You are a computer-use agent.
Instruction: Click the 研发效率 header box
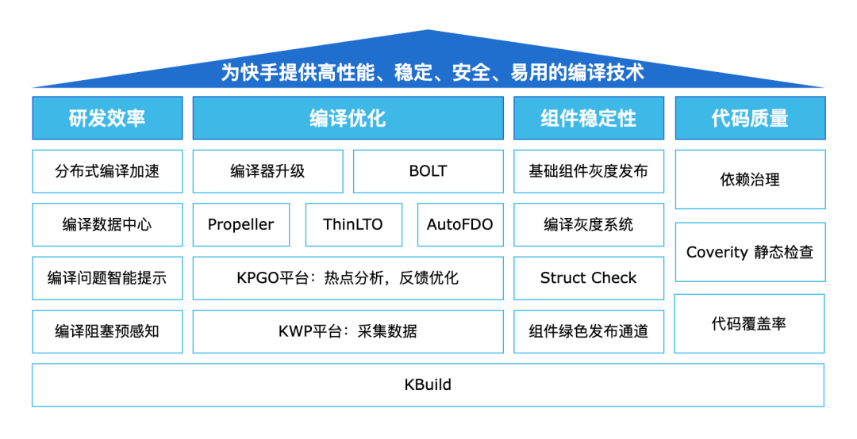[107, 118]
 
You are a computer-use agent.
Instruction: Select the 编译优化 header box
[348, 118]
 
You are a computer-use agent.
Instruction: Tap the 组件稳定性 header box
[588, 118]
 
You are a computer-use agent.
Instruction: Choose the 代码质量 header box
[750, 118]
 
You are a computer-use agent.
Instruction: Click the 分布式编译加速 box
[107, 171]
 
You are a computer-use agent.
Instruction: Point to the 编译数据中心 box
[107, 224]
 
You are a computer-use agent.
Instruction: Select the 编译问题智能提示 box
[107, 278]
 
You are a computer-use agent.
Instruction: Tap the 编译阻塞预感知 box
[107, 331]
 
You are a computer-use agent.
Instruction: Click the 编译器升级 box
[267, 171]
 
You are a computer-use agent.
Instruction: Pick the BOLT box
[428, 171]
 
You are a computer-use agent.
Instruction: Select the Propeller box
[240, 224]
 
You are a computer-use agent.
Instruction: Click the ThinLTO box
[352, 224]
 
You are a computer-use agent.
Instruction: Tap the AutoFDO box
[459, 224]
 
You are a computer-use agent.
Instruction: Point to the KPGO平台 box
[348, 278]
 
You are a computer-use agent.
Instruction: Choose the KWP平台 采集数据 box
[348, 331]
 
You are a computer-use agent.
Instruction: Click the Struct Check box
[588, 278]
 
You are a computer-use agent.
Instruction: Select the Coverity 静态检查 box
[750, 252]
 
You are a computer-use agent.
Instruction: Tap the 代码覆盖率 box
[750, 323]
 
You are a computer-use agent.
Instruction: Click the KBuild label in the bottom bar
[428, 385]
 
